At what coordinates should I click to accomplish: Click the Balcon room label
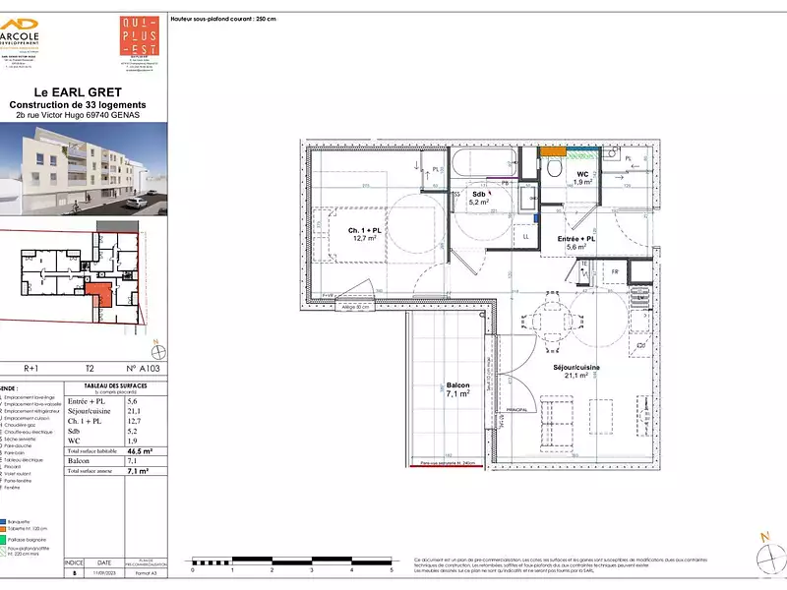[457, 390]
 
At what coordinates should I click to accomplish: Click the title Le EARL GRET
[77, 93]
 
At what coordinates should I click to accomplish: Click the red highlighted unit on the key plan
[96, 292]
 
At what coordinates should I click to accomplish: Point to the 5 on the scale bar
[392, 569]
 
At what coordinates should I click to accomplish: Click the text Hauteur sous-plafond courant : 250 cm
[224, 19]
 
